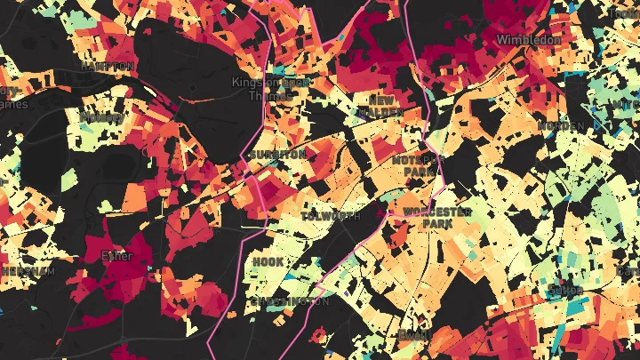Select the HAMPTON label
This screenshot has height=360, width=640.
click(108, 67)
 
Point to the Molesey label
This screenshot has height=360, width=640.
click(102, 117)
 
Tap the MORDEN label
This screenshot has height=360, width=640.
click(562, 127)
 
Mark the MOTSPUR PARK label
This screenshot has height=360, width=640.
click(414, 165)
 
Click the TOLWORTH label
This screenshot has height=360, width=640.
click(331, 216)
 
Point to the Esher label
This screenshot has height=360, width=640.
click(117, 257)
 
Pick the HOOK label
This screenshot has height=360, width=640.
click(268, 262)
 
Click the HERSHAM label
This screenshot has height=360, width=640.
click(27, 271)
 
